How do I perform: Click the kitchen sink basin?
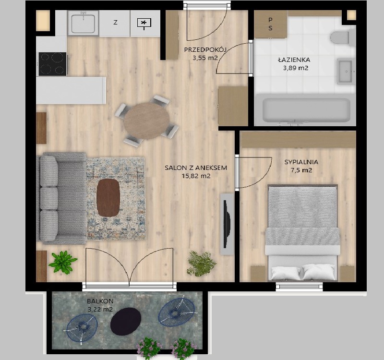(83, 24)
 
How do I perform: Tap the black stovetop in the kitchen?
(52, 64)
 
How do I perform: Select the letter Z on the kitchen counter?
(115, 22)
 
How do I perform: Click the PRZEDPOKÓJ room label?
(205, 50)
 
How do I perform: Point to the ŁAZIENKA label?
(294, 60)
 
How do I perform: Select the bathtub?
(306, 110)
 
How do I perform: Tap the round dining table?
(146, 121)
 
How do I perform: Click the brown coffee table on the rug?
(108, 198)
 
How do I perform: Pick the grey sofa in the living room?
(61, 198)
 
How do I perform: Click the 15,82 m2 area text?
(196, 176)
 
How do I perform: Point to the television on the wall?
(227, 224)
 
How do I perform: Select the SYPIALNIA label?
(301, 162)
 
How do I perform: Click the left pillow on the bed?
(286, 273)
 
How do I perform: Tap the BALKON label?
(100, 301)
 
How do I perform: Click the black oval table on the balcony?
(126, 322)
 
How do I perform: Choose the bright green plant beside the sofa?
(63, 262)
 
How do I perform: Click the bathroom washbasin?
(346, 71)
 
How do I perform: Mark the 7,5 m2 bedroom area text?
(301, 170)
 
